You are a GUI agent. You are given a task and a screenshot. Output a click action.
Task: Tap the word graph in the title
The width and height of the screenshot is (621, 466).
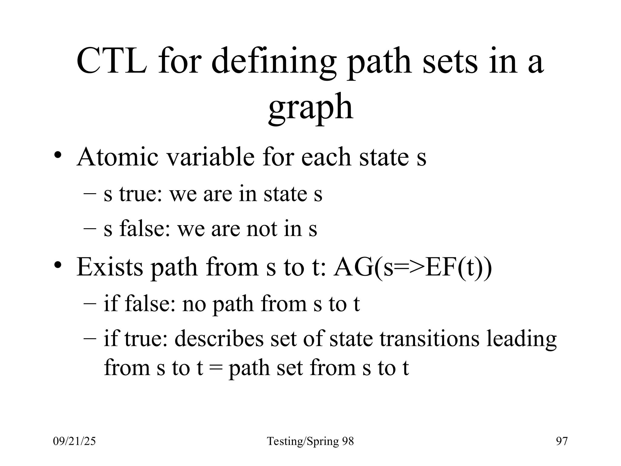pyautogui.click(x=310, y=108)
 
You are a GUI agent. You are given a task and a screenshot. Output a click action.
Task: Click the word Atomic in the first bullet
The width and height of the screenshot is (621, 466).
pyautogui.click(x=117, y=157)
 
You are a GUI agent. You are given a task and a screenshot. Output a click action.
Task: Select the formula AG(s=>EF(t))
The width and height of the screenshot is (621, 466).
pyautogui.click(x=412, y=267)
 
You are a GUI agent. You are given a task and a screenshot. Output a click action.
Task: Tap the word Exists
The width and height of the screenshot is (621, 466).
pyautogui.click(x=110, y=267)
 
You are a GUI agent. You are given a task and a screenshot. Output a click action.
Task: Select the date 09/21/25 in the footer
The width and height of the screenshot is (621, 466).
pyautogui.click(x=74, y=441)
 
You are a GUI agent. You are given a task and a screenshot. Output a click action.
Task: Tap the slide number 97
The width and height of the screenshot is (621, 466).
pyautogui.click(x=562, y=441)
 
